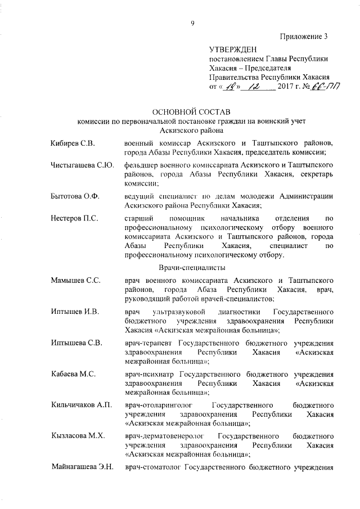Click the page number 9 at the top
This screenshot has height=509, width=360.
pyautogui.click(x=192, y=22)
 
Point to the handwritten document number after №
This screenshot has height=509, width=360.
pyautogui.click(x=329, y=87)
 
